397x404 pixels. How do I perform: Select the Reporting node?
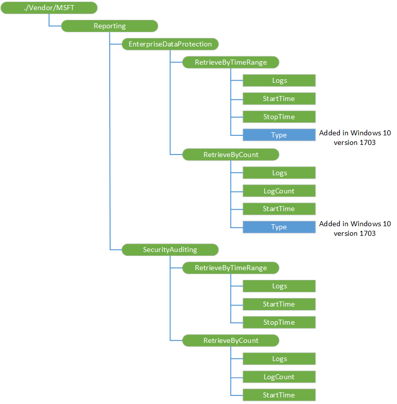point(110,26)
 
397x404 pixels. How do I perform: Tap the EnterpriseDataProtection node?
point(170,44)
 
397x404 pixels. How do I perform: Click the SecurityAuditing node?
point(170,249)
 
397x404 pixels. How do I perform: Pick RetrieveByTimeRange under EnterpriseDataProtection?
point(231,62)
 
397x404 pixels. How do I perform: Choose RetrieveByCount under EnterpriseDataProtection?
point(231,155)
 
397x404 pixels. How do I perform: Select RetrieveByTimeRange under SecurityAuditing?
point(231,268)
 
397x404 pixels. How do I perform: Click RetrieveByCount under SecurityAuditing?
point(231,340)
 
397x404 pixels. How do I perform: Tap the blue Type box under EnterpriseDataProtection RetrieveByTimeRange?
point(279,135)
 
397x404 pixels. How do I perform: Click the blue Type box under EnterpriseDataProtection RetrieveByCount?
point(279,227)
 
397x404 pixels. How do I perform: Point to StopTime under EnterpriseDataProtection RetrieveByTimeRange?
point(279,117)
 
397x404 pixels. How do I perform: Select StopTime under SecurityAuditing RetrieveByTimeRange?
point(279,322)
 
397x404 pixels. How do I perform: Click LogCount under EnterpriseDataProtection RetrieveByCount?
point(279,191)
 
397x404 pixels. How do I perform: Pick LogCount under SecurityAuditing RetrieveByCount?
point(279,377)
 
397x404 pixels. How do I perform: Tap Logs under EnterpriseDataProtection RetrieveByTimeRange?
point(279,80)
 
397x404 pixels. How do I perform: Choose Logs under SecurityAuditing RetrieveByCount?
point(279,359)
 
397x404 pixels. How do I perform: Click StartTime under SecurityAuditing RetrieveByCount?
point(279,395)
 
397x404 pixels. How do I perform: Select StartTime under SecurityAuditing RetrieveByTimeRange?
point(279,304)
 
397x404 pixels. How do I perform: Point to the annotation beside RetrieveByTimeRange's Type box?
point(355,137)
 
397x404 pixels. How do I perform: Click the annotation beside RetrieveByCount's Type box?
point(355,228)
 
